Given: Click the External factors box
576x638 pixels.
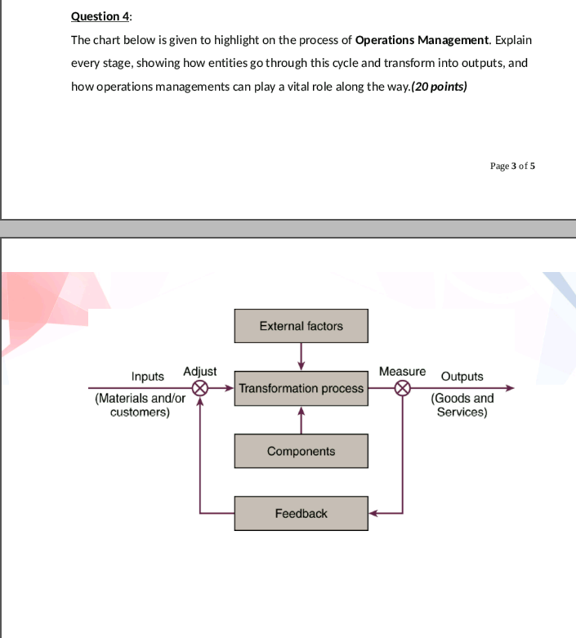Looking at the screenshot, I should coord(301,326).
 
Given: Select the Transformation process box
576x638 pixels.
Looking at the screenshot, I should coord(301,389).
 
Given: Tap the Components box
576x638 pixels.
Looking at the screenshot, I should coord(301,451).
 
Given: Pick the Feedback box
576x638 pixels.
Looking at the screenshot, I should coord(301,513).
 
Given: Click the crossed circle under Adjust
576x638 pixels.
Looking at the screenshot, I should coord(201,388).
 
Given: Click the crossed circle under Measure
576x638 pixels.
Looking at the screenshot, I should coord(402,388).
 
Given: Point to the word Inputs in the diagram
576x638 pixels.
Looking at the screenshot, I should coord(148,377).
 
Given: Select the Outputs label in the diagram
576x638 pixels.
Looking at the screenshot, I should coord(462,377).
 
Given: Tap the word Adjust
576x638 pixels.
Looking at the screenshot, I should coord(200,371).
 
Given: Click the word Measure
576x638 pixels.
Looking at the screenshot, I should coord(402,371).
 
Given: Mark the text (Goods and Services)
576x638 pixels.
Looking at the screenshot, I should coord(462,405).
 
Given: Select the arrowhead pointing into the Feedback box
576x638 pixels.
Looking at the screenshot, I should coord(373,514).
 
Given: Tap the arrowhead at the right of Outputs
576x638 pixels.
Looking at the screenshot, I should coord(511,388).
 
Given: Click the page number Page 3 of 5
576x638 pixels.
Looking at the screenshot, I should coord(512,166).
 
